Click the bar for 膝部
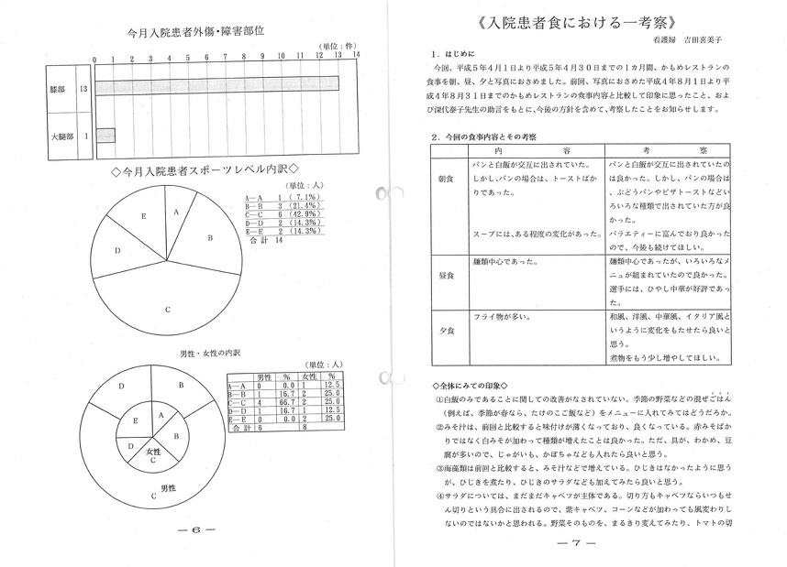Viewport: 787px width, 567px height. pos(216,85)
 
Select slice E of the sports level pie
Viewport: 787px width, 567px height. pos(144,216)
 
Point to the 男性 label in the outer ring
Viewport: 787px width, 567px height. pos(169,486)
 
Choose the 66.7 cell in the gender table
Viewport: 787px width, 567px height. pos(286,401)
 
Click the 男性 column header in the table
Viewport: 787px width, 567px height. pos(263,376)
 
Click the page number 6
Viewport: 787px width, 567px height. pos(195,530)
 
